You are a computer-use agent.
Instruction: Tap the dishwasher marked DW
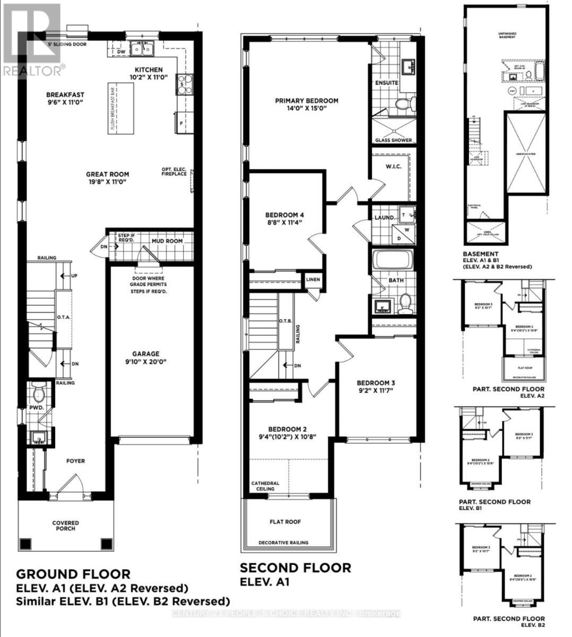(x=121, y=52)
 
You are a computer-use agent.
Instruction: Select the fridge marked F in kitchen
(x=181, y=123)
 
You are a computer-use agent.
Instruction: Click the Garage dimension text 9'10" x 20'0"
(x=146, y=362)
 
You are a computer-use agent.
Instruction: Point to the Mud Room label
(x=167, y=241)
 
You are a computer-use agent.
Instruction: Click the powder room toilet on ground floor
(x=39, y=394)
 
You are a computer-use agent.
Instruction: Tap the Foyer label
(x=75, y=461)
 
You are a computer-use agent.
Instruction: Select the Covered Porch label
(x=65, y=526)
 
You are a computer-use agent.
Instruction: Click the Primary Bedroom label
(x=306, y=101)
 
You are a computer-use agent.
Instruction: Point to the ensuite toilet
(x=404, y=104)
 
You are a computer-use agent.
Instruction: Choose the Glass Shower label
(x=394, y=140)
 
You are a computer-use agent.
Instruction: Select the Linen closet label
(x=312, y=279)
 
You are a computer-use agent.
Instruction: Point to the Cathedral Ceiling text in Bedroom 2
(x=265, y=486)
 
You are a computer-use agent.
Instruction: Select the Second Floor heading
(x=296, y=567)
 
